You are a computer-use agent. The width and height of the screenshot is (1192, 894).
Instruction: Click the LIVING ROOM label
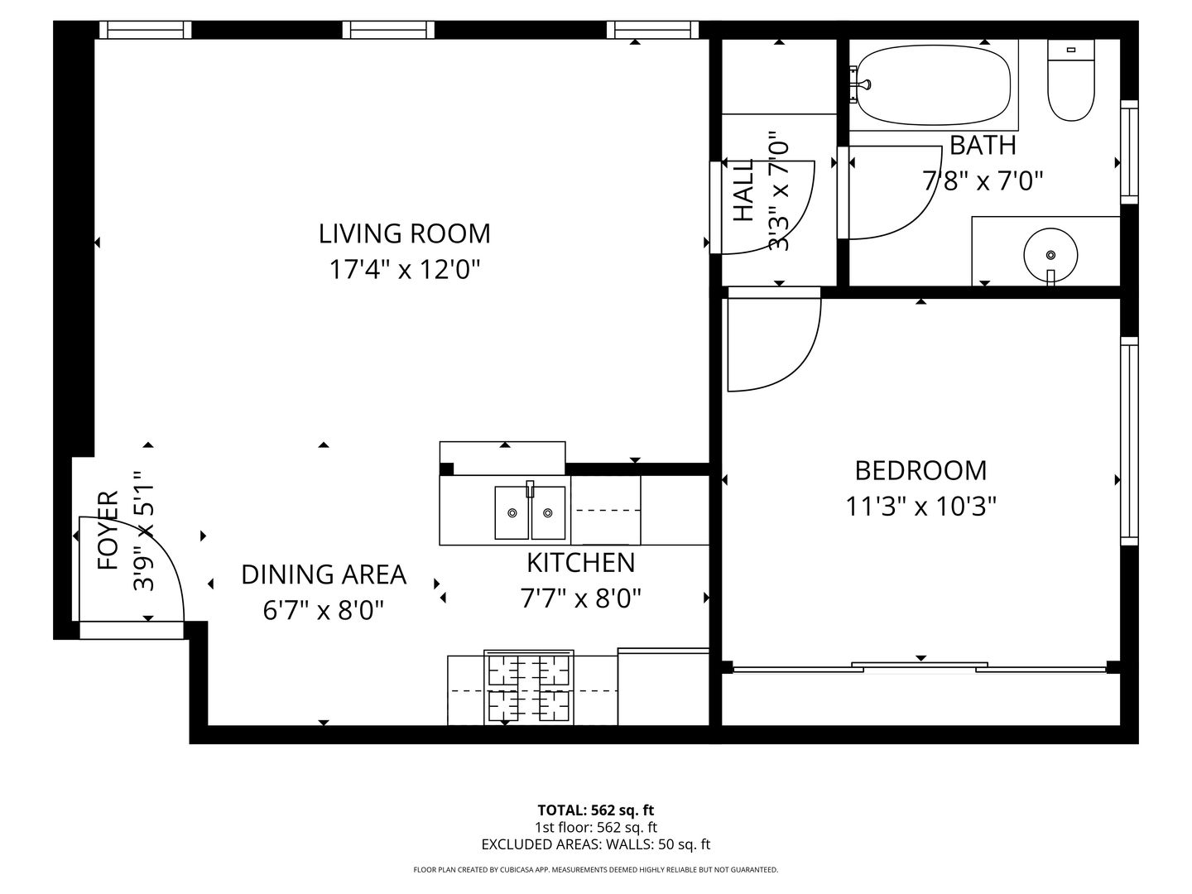point(404,233)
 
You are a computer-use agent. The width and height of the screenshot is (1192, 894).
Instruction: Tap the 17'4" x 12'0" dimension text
point(404,270)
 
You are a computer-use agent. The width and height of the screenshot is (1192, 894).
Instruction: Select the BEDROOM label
point(920,470)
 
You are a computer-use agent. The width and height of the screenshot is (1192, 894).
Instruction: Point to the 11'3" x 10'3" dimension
point(920,506)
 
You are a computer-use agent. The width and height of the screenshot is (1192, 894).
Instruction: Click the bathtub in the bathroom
point(933,84)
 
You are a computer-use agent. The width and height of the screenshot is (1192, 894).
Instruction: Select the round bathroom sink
point(1051,254)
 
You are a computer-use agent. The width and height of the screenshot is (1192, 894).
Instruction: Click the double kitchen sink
point(530,512)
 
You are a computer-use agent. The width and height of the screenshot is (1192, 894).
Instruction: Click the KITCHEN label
point(580,563)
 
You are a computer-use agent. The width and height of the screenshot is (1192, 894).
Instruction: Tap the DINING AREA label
point(324,574)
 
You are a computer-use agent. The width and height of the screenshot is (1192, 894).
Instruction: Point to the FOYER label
point(108,531)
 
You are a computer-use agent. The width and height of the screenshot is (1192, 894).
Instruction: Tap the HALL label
point(744,190)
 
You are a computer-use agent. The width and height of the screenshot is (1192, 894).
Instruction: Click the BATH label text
point(983,146)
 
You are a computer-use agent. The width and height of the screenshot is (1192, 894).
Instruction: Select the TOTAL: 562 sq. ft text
point(596,810)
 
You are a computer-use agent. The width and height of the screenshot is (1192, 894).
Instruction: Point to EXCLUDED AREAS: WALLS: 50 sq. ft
point(596,844)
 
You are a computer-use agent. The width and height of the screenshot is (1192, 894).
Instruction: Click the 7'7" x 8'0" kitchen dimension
point(580,598)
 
